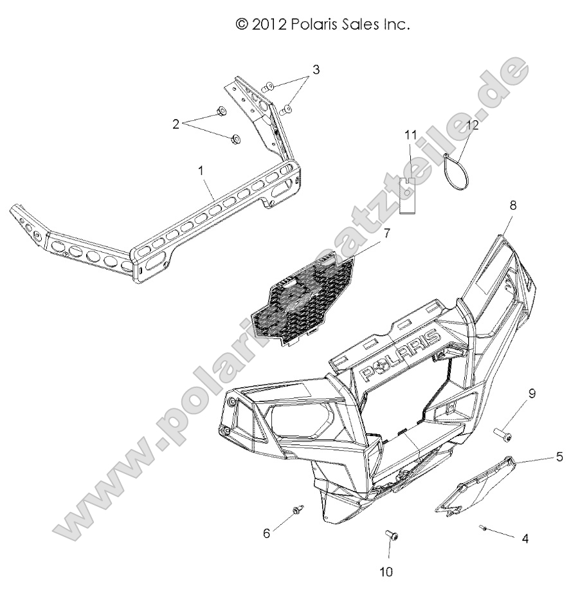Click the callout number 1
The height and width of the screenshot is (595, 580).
pyautogui.click(x=201, y=171)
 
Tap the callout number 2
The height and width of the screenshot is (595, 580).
pyautogui.click(x=176, y=123)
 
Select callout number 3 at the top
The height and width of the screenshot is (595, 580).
pyautogui.click(x=316, y=69)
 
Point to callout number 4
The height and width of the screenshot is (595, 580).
pyautogui.click(x=525, y=539)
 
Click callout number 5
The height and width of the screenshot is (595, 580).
pyautogui.click(x=559, y=457)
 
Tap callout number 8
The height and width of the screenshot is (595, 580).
pyautogui.click(x=512, y=206)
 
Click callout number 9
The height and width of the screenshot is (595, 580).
pyautogui.click(x=532, y=410)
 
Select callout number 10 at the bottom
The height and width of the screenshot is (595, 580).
pyautogui.click(x=387, y=571)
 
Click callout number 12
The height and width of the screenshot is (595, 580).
pyautogui.click(x=472, y=125)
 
